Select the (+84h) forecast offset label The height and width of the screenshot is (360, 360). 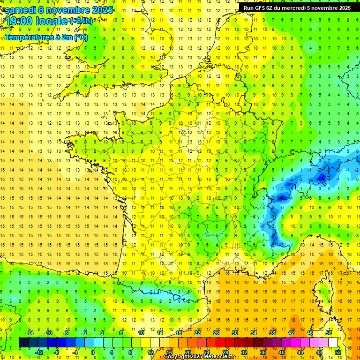[x=81, y=21]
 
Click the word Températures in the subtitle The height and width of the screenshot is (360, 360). [x=30, y=37]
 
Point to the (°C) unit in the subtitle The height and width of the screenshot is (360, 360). [x=80, y=37]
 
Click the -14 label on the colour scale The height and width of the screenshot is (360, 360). [x=30, y=332]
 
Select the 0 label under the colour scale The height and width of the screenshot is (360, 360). [x=92, y=352]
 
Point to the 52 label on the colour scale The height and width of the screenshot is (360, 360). [x=337, y=352]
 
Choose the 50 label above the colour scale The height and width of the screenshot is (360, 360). [x=328, y=332]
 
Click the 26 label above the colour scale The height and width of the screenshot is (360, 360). [x=216, y=332]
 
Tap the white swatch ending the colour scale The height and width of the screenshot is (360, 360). [x=333, y=343]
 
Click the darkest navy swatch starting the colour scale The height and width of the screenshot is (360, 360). [x=23, y=343]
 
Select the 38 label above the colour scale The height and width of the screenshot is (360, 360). [x=272, y=332]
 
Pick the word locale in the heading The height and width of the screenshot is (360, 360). [x=51, y=21]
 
